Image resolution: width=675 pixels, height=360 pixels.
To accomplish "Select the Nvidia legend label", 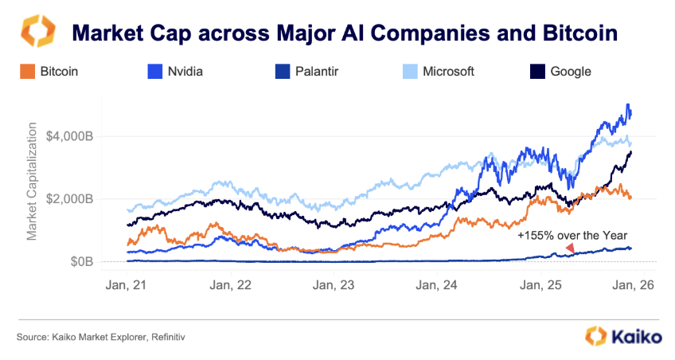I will pos(185,72).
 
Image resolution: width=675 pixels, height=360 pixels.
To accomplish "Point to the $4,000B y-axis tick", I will pos(70,136).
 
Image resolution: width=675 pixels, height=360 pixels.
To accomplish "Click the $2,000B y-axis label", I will pos(70,198).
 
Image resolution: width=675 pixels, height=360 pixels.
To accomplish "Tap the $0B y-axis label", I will pos(81,261).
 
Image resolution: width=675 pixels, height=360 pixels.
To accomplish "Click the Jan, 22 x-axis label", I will pos(231,284).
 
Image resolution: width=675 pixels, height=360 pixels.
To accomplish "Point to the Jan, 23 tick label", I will pos(334,284).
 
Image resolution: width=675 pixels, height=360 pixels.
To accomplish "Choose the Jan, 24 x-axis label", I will pos(438,284).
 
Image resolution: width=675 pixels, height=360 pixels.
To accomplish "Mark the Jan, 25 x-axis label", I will pos(541,284).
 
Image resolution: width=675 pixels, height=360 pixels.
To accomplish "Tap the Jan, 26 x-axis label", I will pos(633,284).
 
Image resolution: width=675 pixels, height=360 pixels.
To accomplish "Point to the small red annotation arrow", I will pos(569,249).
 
